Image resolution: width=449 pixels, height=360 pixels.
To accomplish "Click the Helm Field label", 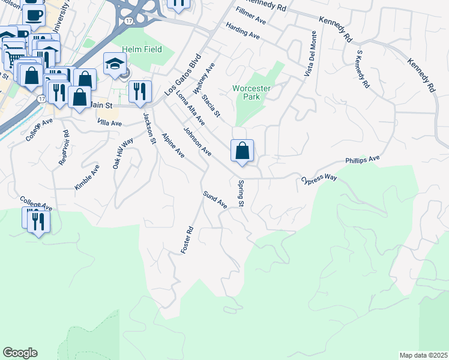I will tap(142, 49).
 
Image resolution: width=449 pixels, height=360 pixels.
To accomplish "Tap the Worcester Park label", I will tap(252, 92).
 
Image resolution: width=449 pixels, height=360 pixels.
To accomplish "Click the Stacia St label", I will tap(211, 105).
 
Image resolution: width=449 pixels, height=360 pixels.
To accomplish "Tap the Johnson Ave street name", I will tap(197, 142).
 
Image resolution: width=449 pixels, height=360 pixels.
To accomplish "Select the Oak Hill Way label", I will tap(123, 154).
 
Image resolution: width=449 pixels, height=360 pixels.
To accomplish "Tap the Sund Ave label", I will tap(214, 199).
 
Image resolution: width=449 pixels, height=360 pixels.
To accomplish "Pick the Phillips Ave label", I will tap(363, 160).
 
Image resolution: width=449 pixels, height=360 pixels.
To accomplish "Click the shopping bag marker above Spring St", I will tap(242, 151).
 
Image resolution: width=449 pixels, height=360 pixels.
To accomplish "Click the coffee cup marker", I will tap(34, 14).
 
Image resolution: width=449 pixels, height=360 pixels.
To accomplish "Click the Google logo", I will tap(20, 353).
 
